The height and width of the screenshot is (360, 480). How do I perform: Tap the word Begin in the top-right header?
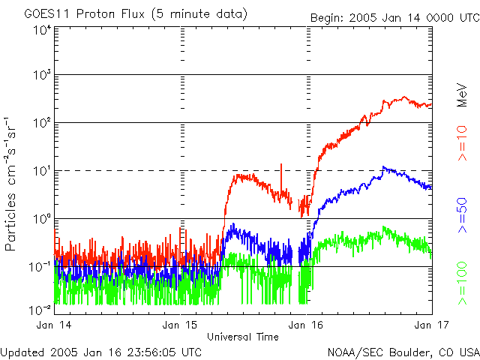(327, 18)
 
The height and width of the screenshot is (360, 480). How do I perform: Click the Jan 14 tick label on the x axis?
(53, 325)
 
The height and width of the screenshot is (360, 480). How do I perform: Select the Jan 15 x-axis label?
(180, 325)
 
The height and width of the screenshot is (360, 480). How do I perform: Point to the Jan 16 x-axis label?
(305, 325)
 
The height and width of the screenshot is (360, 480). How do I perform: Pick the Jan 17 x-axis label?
(432, 325)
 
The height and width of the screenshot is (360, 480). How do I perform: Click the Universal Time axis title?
(243, 337)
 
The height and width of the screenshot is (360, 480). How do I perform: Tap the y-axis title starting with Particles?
(10, 184)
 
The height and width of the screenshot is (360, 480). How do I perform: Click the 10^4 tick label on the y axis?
(42, 31)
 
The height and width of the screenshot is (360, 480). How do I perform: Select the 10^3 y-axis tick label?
(42, 75)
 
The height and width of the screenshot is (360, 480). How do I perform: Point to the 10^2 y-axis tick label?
(42, 123)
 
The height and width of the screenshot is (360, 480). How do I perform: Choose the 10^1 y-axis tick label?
(42, 171)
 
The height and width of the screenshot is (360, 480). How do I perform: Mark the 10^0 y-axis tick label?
(42, 219)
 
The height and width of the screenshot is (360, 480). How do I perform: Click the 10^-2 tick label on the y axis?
(40, 310)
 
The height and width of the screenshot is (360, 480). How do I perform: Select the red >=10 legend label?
(462, 143)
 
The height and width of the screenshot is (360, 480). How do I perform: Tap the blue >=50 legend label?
(462, 215)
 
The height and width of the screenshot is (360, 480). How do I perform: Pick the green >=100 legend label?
(462, 283)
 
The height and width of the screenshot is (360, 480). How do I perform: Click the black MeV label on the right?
(462, 94)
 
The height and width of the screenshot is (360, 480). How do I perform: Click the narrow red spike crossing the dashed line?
(281, 179)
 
